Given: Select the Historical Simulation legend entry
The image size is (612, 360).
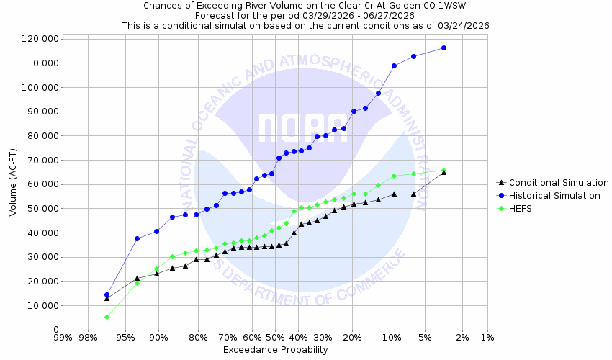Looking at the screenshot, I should click(x=554, y=196).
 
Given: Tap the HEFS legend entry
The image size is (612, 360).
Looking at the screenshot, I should click(x=522, y=209).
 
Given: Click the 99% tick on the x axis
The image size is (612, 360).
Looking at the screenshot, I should click(x=63, y=338).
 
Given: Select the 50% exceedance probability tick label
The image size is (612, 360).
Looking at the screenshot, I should click(x=275, y=338).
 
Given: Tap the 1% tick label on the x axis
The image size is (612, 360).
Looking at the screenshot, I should click(x=487, y=338).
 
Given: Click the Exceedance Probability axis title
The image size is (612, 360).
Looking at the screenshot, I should click(x=275, y=350).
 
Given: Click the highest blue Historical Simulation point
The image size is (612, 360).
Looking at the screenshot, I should click(x=444, y=48).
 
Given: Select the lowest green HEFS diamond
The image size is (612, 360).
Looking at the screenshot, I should click(x=107, y=317).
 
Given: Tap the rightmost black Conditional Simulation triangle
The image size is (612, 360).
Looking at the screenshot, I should click(x=444, y=172).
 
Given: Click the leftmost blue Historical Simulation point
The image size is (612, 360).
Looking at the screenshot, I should click(x=107, y=294).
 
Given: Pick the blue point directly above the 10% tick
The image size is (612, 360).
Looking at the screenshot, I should click(x=394, y=66).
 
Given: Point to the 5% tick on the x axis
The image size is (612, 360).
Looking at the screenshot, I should click(x=424, y=338).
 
